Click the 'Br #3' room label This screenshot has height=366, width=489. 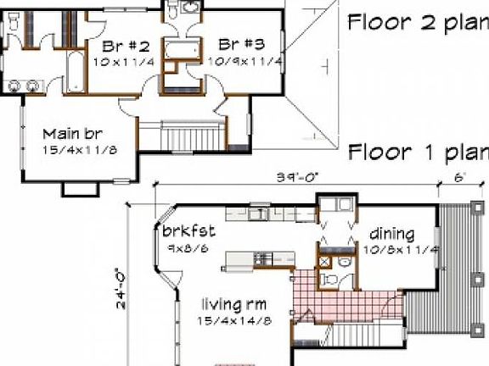pyautogui.click(x=239, y=45)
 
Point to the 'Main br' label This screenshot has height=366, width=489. pyautogui.click(x=73, y=133)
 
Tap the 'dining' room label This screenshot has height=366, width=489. pyautogui.click(x=391, y=234)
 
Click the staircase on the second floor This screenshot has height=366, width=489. pyautogui.click(x=195, y=136)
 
